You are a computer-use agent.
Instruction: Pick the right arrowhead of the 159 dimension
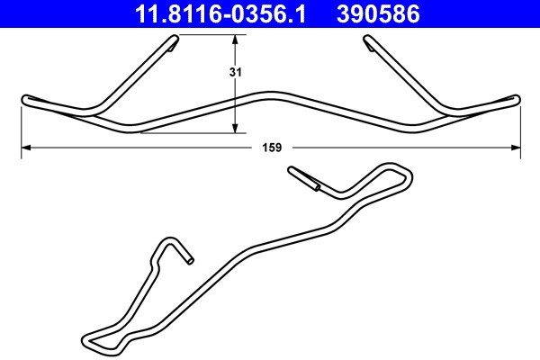(x=516, y=146)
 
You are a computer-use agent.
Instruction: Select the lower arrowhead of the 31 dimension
(x=236, y=127)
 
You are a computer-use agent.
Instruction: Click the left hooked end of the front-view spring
(x=26, y=98)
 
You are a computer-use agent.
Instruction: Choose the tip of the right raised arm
(x=369, y=42)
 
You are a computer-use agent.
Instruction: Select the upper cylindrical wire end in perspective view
(x=302, y=176)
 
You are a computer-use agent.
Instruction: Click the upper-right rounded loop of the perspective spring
(x=398, y=170)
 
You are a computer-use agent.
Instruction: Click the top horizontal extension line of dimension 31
(x=207, y=34)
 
